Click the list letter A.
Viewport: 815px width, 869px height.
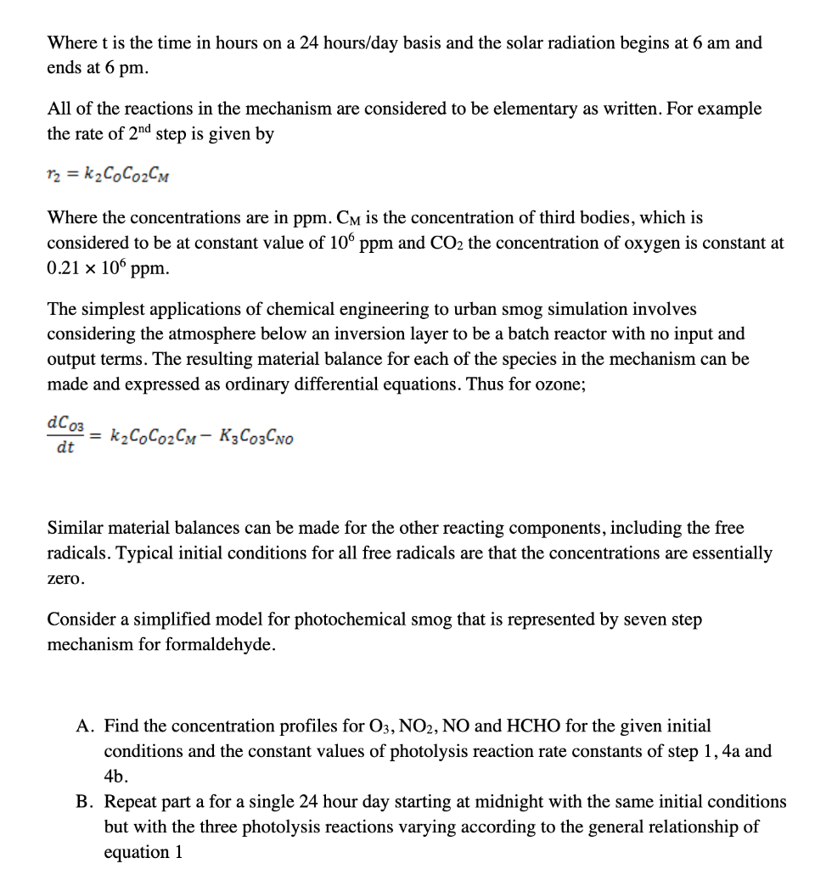(x=84, y=726)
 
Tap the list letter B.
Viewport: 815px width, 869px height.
(x=84, y=802)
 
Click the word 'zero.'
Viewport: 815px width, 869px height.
(x=66, y=579)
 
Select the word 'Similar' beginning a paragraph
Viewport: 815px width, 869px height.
(x=76, y=528)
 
